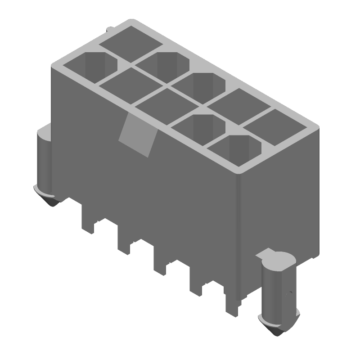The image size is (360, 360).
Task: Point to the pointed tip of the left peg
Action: [x=53, y=201]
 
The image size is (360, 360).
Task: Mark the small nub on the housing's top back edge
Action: [x=109, y=30]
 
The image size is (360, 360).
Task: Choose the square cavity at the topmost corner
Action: [x=131, y=43]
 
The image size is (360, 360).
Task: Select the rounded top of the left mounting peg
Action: [x=44, y=133]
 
